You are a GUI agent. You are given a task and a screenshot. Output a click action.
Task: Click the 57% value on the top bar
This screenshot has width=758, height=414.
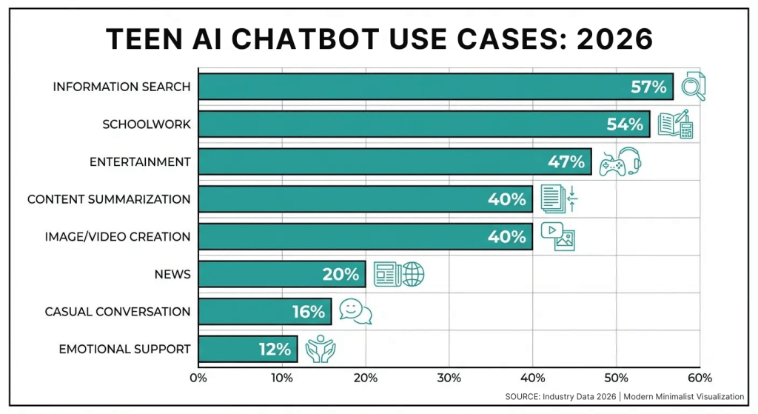(x=649, y=87)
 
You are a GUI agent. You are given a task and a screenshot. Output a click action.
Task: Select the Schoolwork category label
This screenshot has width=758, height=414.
(x=147, y=124)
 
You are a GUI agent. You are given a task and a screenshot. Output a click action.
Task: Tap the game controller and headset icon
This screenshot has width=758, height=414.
(x=620, y=161)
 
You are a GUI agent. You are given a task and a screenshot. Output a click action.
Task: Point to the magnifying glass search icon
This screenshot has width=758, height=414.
(x=693, y=86)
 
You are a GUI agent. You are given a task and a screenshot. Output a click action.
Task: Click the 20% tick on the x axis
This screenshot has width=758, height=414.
(x=365, y=377)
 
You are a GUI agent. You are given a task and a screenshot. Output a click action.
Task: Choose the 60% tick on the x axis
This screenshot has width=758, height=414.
(x=700, y=377)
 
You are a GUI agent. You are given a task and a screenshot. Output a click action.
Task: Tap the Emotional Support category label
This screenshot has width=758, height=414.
(x=125, y=349)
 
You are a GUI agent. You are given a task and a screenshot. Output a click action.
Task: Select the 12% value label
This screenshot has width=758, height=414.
(x=275, y=349)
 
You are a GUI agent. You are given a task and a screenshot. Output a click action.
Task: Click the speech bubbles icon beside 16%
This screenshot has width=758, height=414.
(x=355, y=311)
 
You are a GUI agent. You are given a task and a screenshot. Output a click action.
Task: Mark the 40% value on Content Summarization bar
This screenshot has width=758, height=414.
(x=507, y=199)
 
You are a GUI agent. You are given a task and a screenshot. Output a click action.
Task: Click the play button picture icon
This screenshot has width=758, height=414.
(x=557, y=236)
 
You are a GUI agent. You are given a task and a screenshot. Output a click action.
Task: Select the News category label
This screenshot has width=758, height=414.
(x=172, y=274)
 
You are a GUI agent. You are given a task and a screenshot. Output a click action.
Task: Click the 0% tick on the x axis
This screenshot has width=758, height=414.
(x=198, y=377)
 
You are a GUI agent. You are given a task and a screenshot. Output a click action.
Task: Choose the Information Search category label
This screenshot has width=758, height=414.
(x=121, y=87)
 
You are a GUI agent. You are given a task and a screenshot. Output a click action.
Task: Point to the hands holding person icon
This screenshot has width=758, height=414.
(x=321, y=349)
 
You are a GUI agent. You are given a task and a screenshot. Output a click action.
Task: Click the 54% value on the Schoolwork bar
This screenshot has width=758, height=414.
(x=625, y=124)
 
